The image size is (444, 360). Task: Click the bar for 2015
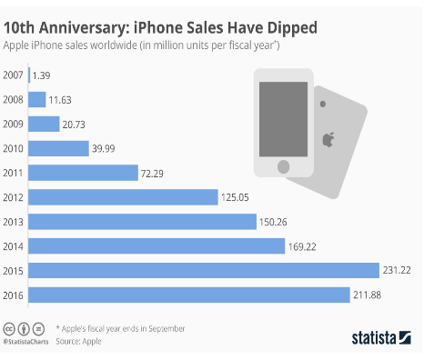click(x=204, y=270)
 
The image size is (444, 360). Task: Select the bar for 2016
click(x=189, y=295)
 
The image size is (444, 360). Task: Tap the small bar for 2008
click(x=37, y=99)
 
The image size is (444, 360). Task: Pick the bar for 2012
click(x=123, y=197)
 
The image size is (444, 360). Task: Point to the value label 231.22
click(x=397, y=270)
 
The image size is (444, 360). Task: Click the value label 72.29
click(x=152, y=174)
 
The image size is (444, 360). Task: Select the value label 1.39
click(x=41, y=75)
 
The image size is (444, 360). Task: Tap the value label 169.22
click(x=302, y=247)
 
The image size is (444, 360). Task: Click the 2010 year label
click(x=13, y=148)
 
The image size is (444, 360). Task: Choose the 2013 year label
click(x=13, y=222)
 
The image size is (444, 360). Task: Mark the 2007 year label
click(x=13, y=75)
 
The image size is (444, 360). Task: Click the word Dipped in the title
click(x=292, y=28)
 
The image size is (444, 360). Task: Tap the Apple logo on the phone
click(x=328, y=140)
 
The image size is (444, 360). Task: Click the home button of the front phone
click(x=283, y=166)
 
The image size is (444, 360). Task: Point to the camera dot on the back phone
click(x=323, y=104)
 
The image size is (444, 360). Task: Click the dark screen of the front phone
click(x=283, y=119)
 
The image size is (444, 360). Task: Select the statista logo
click(x=381, y=337)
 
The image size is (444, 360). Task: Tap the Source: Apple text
click(x=78, y=341)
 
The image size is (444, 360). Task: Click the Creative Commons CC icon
click(x=9, y=329)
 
